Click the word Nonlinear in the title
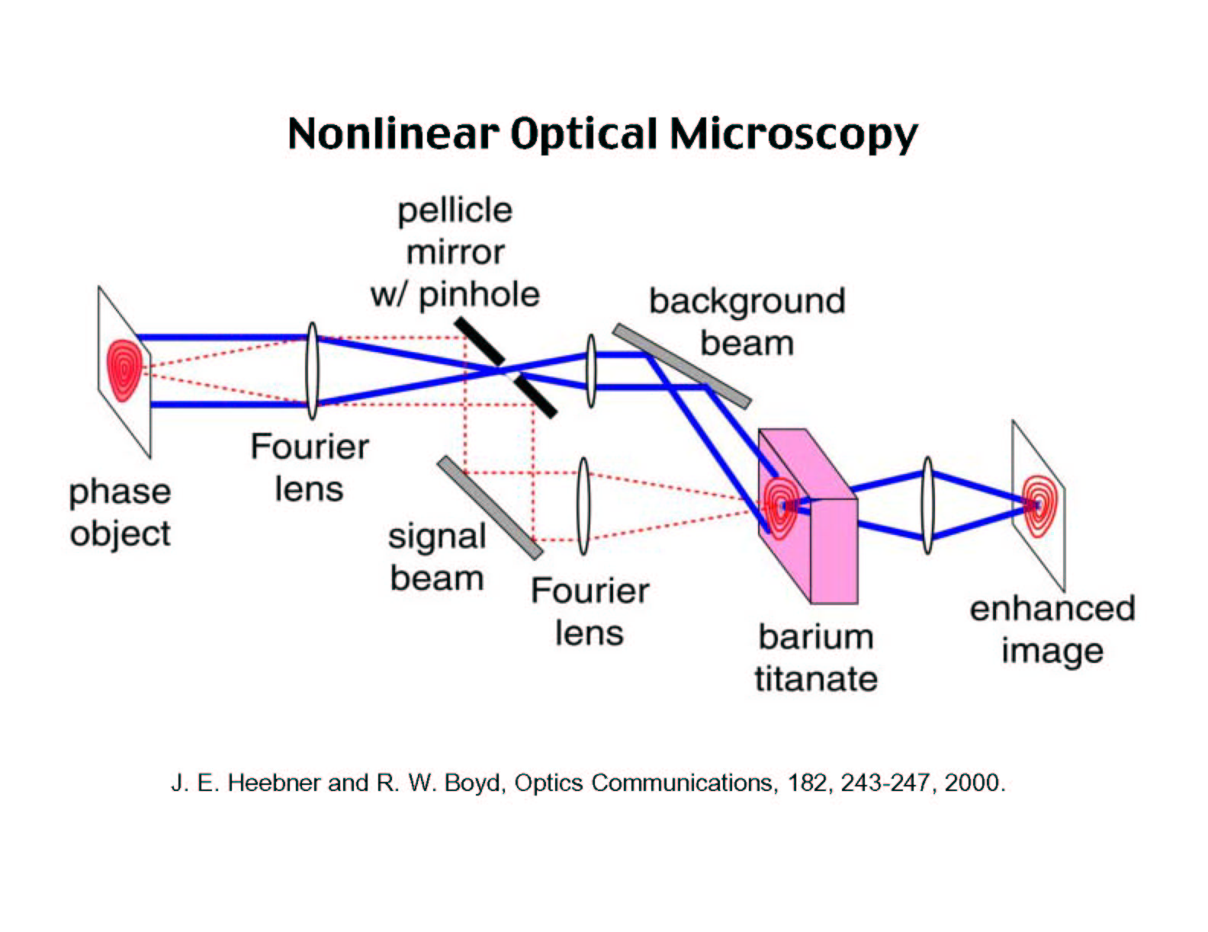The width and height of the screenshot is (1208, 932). [393, 134]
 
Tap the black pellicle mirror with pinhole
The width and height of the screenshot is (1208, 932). [505, 367]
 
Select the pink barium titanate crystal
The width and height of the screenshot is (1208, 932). [808, 516]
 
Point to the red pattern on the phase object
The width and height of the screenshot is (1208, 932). [124, 370]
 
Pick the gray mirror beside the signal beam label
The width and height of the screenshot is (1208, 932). [490, 508]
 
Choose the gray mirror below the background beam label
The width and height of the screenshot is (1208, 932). [682, 366]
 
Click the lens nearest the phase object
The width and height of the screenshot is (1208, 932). [313, 370]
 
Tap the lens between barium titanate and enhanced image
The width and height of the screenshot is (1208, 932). [927, 505]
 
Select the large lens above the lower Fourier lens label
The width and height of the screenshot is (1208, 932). [583, 506]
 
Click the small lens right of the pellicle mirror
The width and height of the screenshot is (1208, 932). [591, 370]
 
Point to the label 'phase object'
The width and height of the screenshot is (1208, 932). [120, 513]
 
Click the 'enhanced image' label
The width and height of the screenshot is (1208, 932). [1052, 630]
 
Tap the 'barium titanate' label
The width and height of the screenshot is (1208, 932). [816, 658]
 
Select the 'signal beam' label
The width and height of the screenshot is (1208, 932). [437, 558]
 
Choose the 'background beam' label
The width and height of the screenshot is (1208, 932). [747, 322]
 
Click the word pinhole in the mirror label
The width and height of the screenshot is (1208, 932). [479, 294]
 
